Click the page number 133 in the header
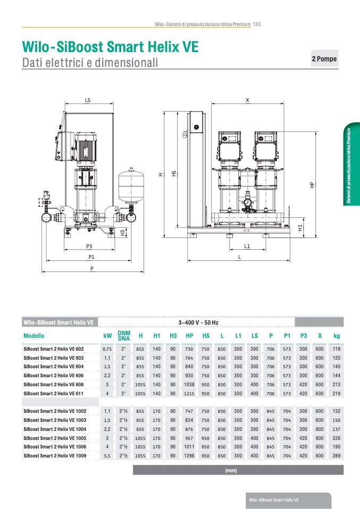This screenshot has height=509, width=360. pos(257,24)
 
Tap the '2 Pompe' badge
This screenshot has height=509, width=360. pos(324,58)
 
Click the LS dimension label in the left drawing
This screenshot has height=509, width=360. pos(88,100)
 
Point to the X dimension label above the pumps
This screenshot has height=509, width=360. pos(247,100)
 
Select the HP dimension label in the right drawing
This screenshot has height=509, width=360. pos(312,185)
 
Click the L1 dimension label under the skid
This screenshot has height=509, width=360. pos(247,247)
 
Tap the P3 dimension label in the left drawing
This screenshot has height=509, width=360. pos(89,247)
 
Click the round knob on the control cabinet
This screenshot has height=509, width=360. pos(196,128)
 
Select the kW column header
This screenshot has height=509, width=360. pos(107,336)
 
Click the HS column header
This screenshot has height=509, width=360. pos(206,336)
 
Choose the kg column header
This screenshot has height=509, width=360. pos(337,336)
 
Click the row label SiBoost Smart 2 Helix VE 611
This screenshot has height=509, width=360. pos(54,393)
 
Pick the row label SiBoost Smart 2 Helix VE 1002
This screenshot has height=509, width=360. pos(55,411)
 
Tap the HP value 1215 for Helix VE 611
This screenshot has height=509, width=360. pos(189,393)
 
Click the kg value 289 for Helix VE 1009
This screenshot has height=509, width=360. pos(337,456)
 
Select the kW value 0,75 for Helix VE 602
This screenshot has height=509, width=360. pos(107,349)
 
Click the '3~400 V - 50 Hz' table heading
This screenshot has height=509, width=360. pos(198,323)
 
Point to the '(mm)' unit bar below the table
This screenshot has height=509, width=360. pos(231,470)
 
